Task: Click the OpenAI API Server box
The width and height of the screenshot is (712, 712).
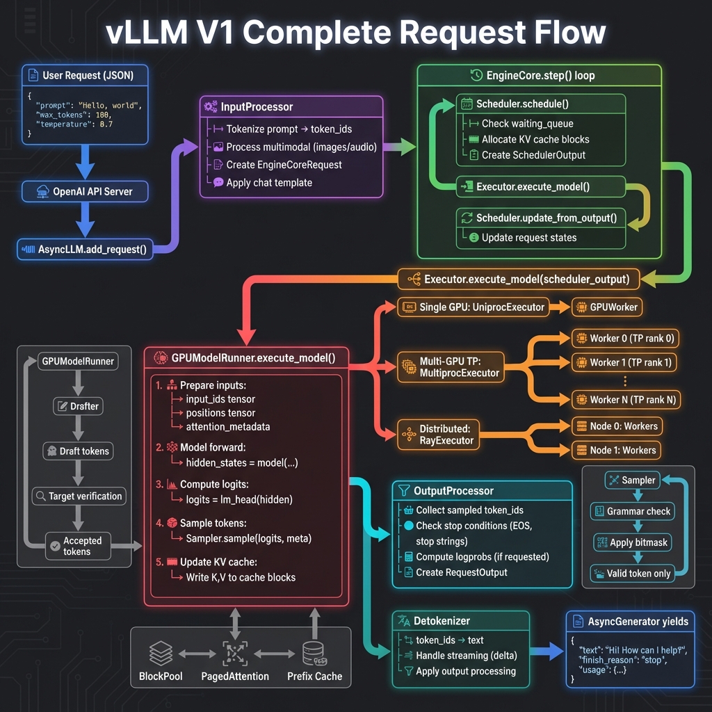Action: pos(85,191)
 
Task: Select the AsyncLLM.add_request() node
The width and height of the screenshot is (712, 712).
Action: pos(85,250)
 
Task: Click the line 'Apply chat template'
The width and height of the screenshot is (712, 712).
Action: pos(268,183)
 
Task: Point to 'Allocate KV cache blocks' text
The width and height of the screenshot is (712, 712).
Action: pos(535,139)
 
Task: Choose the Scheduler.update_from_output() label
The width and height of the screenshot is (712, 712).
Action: pos(546,218)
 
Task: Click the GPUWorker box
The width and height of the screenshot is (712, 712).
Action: pos(607,307)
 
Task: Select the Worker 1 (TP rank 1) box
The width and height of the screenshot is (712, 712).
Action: pos(624,362)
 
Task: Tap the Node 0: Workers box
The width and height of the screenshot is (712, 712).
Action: pos(615,426)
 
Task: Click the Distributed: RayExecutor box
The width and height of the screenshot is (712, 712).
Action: pos(438,435)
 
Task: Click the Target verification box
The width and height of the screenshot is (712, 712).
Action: pos(78,496)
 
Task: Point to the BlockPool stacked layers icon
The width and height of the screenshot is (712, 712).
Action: pos(161,654)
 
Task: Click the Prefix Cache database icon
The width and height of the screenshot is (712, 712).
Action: pos(314,654)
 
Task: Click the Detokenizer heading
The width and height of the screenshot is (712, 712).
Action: pos(442,620)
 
